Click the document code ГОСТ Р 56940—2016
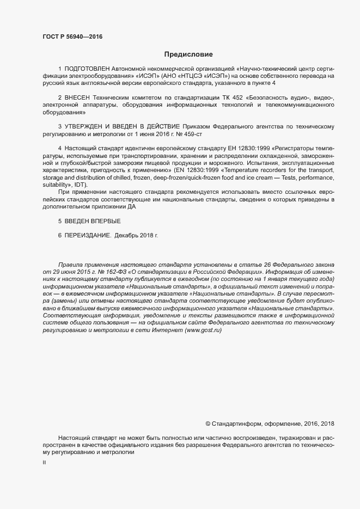(72, 36)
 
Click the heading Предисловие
(189, 54)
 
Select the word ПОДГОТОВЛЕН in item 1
(87, 69)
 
